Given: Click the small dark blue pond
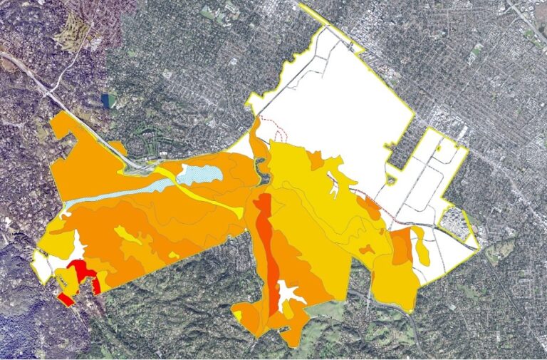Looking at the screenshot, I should pyautogui.click(x=108, y=101).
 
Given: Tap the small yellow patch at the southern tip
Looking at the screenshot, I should pyautogui.click(x=237, y=314).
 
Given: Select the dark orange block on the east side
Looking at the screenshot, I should pyautogui.click(x=401, y=246).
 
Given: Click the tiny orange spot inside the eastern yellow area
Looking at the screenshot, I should pyautogui.click(x=367, y=250).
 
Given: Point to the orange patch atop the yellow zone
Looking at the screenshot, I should pyautogui.click(x=316, y=161).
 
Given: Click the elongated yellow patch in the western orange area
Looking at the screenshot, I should pyautogui.click(x=127, y=235).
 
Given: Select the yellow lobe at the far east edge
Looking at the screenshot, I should pyautogui.click(x=422, y=246).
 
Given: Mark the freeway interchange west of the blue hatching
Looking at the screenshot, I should pyautogui.click(x=139, y=168).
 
